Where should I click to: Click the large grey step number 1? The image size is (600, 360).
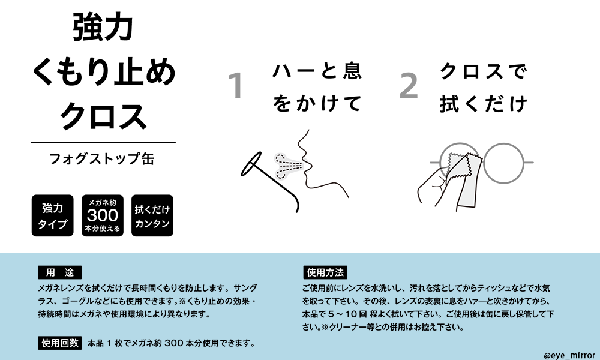point(236,86)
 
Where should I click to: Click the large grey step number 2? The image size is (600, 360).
point(409,86)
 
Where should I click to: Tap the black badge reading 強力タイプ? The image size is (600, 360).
point(52,215)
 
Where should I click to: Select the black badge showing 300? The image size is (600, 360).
point(103,215)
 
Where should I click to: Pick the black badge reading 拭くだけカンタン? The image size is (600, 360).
point(152,215)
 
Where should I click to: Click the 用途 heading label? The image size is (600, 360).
point(59,273)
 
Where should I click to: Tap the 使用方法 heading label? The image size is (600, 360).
point(325,273)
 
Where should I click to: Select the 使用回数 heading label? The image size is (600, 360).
point(60,343)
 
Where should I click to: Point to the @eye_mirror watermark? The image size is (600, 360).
point(569,355)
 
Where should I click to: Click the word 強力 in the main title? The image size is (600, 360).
point(103,27)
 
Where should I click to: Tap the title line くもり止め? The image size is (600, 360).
point(103,72)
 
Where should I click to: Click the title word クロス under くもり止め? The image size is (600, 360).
point(103,116)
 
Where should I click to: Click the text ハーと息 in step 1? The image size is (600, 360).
point(317,71)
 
